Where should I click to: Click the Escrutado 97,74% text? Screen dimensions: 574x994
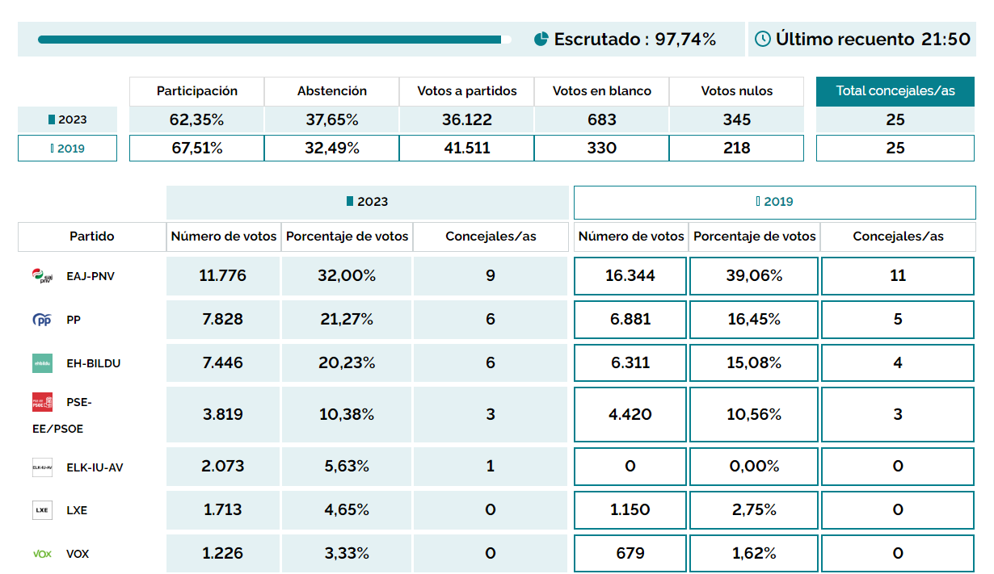[634, 39]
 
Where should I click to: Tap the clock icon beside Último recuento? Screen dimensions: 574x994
[762, 39]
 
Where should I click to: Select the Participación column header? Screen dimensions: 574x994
[196, 91]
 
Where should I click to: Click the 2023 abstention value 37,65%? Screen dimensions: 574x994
[331, 120]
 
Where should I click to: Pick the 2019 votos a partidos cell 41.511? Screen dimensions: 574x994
[466, 149]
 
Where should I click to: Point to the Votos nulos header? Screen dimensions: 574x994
[736, 91]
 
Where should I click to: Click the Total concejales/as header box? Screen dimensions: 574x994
[895, 91]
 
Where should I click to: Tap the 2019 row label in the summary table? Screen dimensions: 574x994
[68, 149]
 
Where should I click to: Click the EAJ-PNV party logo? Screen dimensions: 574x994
[42, 276]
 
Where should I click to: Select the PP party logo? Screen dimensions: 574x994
[42, 320]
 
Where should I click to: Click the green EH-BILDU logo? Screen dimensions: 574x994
[42, 363]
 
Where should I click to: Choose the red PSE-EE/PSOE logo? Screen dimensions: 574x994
[42, 402]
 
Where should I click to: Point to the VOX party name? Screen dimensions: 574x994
[78, 554]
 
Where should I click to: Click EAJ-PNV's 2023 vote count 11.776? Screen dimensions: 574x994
[223, 276]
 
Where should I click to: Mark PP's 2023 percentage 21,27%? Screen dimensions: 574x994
[347, 320]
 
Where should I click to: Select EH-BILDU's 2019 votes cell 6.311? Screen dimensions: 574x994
[630, 363]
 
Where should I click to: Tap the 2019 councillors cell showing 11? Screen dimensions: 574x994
[898, 276]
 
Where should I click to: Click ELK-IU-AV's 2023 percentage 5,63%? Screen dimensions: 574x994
[347, 467]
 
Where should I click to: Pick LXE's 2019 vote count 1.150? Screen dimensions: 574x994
[630, 510]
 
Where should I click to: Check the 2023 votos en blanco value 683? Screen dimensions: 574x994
[601, 120]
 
